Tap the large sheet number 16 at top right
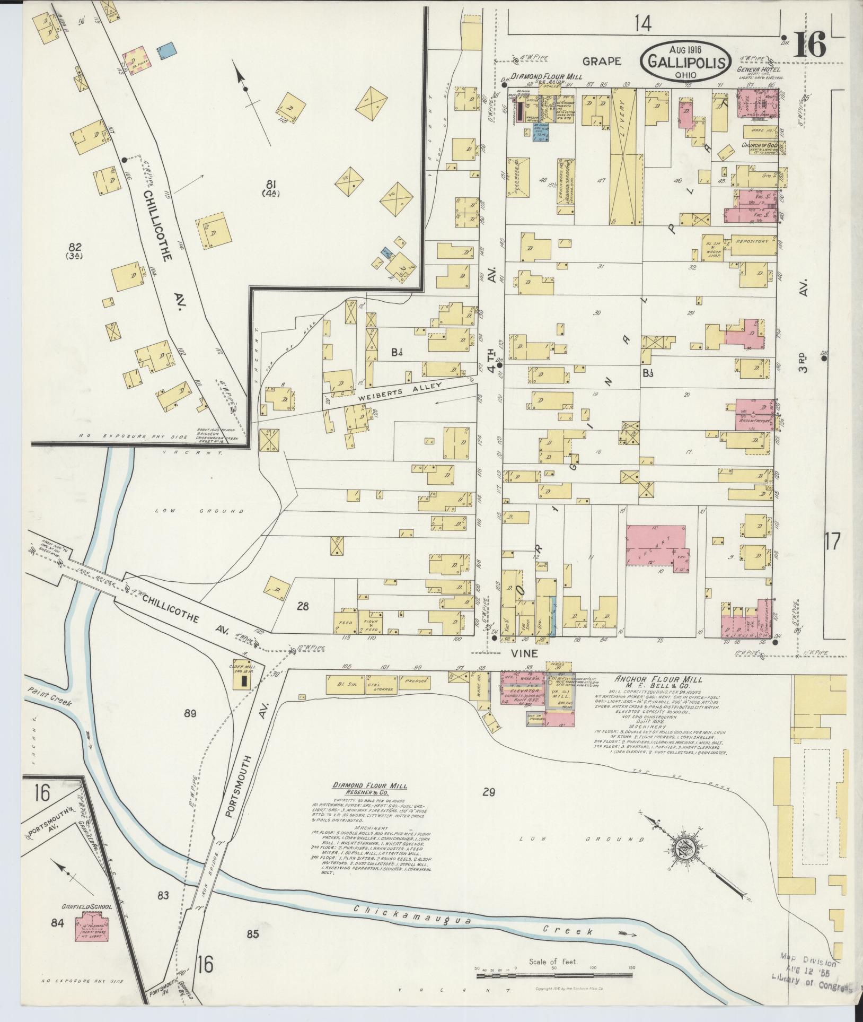(x=809, y=45)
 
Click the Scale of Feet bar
(x=554, y=975)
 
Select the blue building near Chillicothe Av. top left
(x=168, y=51)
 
